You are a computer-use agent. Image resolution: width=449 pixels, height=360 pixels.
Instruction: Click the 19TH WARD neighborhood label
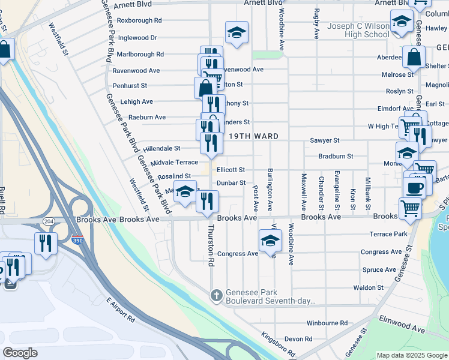pyautogui.click(x=253, y=136)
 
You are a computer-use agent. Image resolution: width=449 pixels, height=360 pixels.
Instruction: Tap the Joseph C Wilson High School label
pyautogui.click(x=358, y=30)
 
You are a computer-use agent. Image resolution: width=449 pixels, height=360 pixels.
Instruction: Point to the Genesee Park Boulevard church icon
pyautogui.click(x=217, y=295)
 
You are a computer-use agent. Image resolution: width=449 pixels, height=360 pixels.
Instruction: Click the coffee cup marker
pyautogui.click(x=412, y=188)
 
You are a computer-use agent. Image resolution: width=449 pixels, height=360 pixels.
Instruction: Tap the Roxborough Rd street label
pyautogui.click(x=139, y=20)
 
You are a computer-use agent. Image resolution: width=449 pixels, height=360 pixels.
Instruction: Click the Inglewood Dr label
pyautogui.click(x=137, y=37)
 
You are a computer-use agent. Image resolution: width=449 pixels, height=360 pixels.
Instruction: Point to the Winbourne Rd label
pyautogui.click(x=327, y=323)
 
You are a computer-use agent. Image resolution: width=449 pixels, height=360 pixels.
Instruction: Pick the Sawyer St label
pyautogui.click(x=325, y=140)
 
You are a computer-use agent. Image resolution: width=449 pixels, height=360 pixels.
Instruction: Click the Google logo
pyautogui.click(x=20, y=353)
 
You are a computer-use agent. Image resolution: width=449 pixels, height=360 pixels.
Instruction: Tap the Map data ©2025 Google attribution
pyautogui.click(x=411, y=355)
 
